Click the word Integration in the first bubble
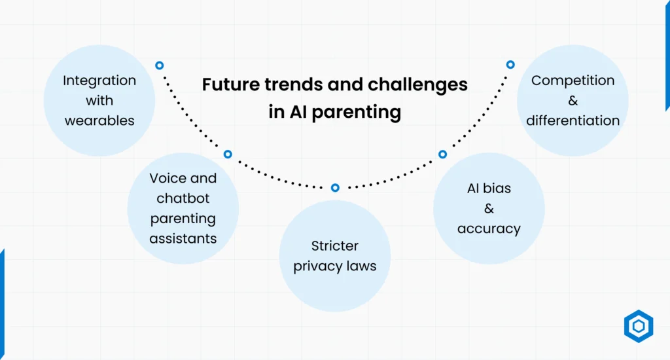[x=99, y=81]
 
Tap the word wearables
[x=99, y=121]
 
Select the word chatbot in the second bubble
[x=183, y=198]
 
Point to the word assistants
[x=183, y=239]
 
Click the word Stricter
[x=334, y=246]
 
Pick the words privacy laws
[x=334, y=266]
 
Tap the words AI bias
[x=489, y=189]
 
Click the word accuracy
[x=489, y=228]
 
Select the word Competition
[x=573, y=81]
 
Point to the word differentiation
[x=573, y=121]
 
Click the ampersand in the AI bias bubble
[x=489, y=209]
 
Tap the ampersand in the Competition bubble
[x=573, y=101]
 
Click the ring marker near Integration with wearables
[x=159, y=65]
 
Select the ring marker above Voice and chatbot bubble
[x=228, y=154]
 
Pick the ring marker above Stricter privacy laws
[x=335, y=188]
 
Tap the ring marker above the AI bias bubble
[x=442, y=154]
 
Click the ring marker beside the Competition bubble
[x=510, y=65]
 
